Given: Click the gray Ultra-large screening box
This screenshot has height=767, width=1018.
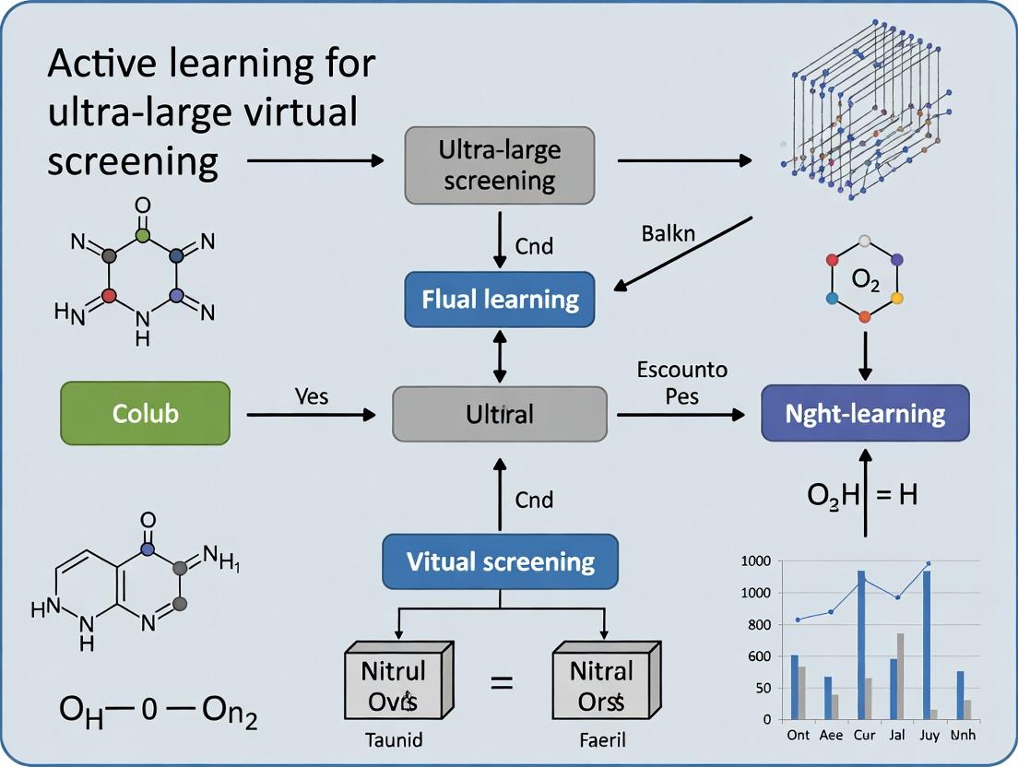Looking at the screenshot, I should tap(499, 165).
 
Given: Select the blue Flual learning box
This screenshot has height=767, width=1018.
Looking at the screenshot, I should tap(499, 299).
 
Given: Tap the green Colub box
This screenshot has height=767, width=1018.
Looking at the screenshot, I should tap(145, 414).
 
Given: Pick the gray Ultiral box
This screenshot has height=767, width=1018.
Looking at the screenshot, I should tap(499, 414).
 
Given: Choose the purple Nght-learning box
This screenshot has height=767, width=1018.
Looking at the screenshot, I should tap(864, 413).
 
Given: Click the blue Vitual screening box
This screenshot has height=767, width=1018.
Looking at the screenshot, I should tap(500, 560).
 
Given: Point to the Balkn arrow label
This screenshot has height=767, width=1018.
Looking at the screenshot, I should tap(668, 232).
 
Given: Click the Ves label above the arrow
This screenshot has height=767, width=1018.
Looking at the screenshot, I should tap(311, 396).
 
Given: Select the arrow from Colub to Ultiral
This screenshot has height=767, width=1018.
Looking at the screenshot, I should tap(312, 415).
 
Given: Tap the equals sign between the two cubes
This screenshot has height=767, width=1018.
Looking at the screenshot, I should tap(501, 683).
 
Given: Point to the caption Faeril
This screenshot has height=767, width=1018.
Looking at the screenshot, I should tap(604, 739).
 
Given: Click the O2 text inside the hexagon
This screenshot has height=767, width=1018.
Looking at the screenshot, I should tap(865, 280).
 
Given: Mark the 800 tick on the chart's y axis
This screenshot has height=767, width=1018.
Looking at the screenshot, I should tap(758, 625).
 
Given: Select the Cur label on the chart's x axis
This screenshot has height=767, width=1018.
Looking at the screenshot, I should tap(864, 735).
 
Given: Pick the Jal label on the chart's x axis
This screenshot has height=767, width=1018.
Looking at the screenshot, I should tap(895, 735).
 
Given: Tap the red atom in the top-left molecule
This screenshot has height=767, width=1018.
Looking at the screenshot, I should tap(109, 296).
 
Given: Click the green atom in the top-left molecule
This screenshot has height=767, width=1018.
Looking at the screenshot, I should tap(142, 236).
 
